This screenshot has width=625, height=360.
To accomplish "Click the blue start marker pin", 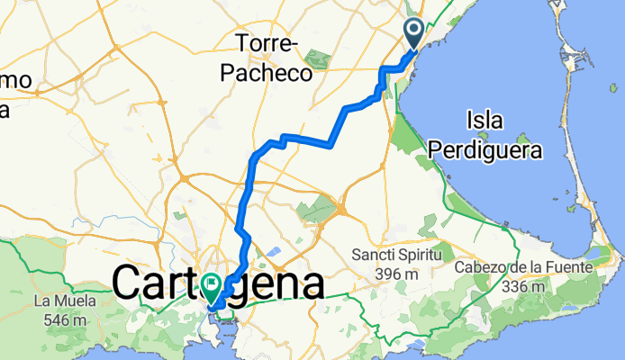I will (414, 33).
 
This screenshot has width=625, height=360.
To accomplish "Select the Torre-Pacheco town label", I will (267, 56).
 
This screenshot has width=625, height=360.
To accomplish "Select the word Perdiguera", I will (486, 149).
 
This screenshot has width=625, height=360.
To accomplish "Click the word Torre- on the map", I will (267, 42).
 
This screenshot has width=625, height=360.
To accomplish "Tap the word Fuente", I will (567, 267).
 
